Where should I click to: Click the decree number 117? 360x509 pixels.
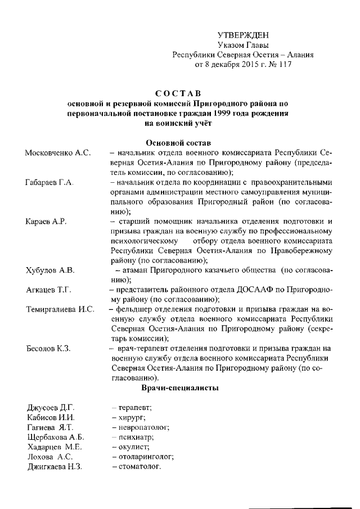tap(284, 65)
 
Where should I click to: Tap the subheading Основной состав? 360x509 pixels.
tap(178, 142)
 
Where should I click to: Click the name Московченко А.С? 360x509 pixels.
tap(58, 153)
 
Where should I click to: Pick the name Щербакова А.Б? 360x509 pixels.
tap(55, 437)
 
